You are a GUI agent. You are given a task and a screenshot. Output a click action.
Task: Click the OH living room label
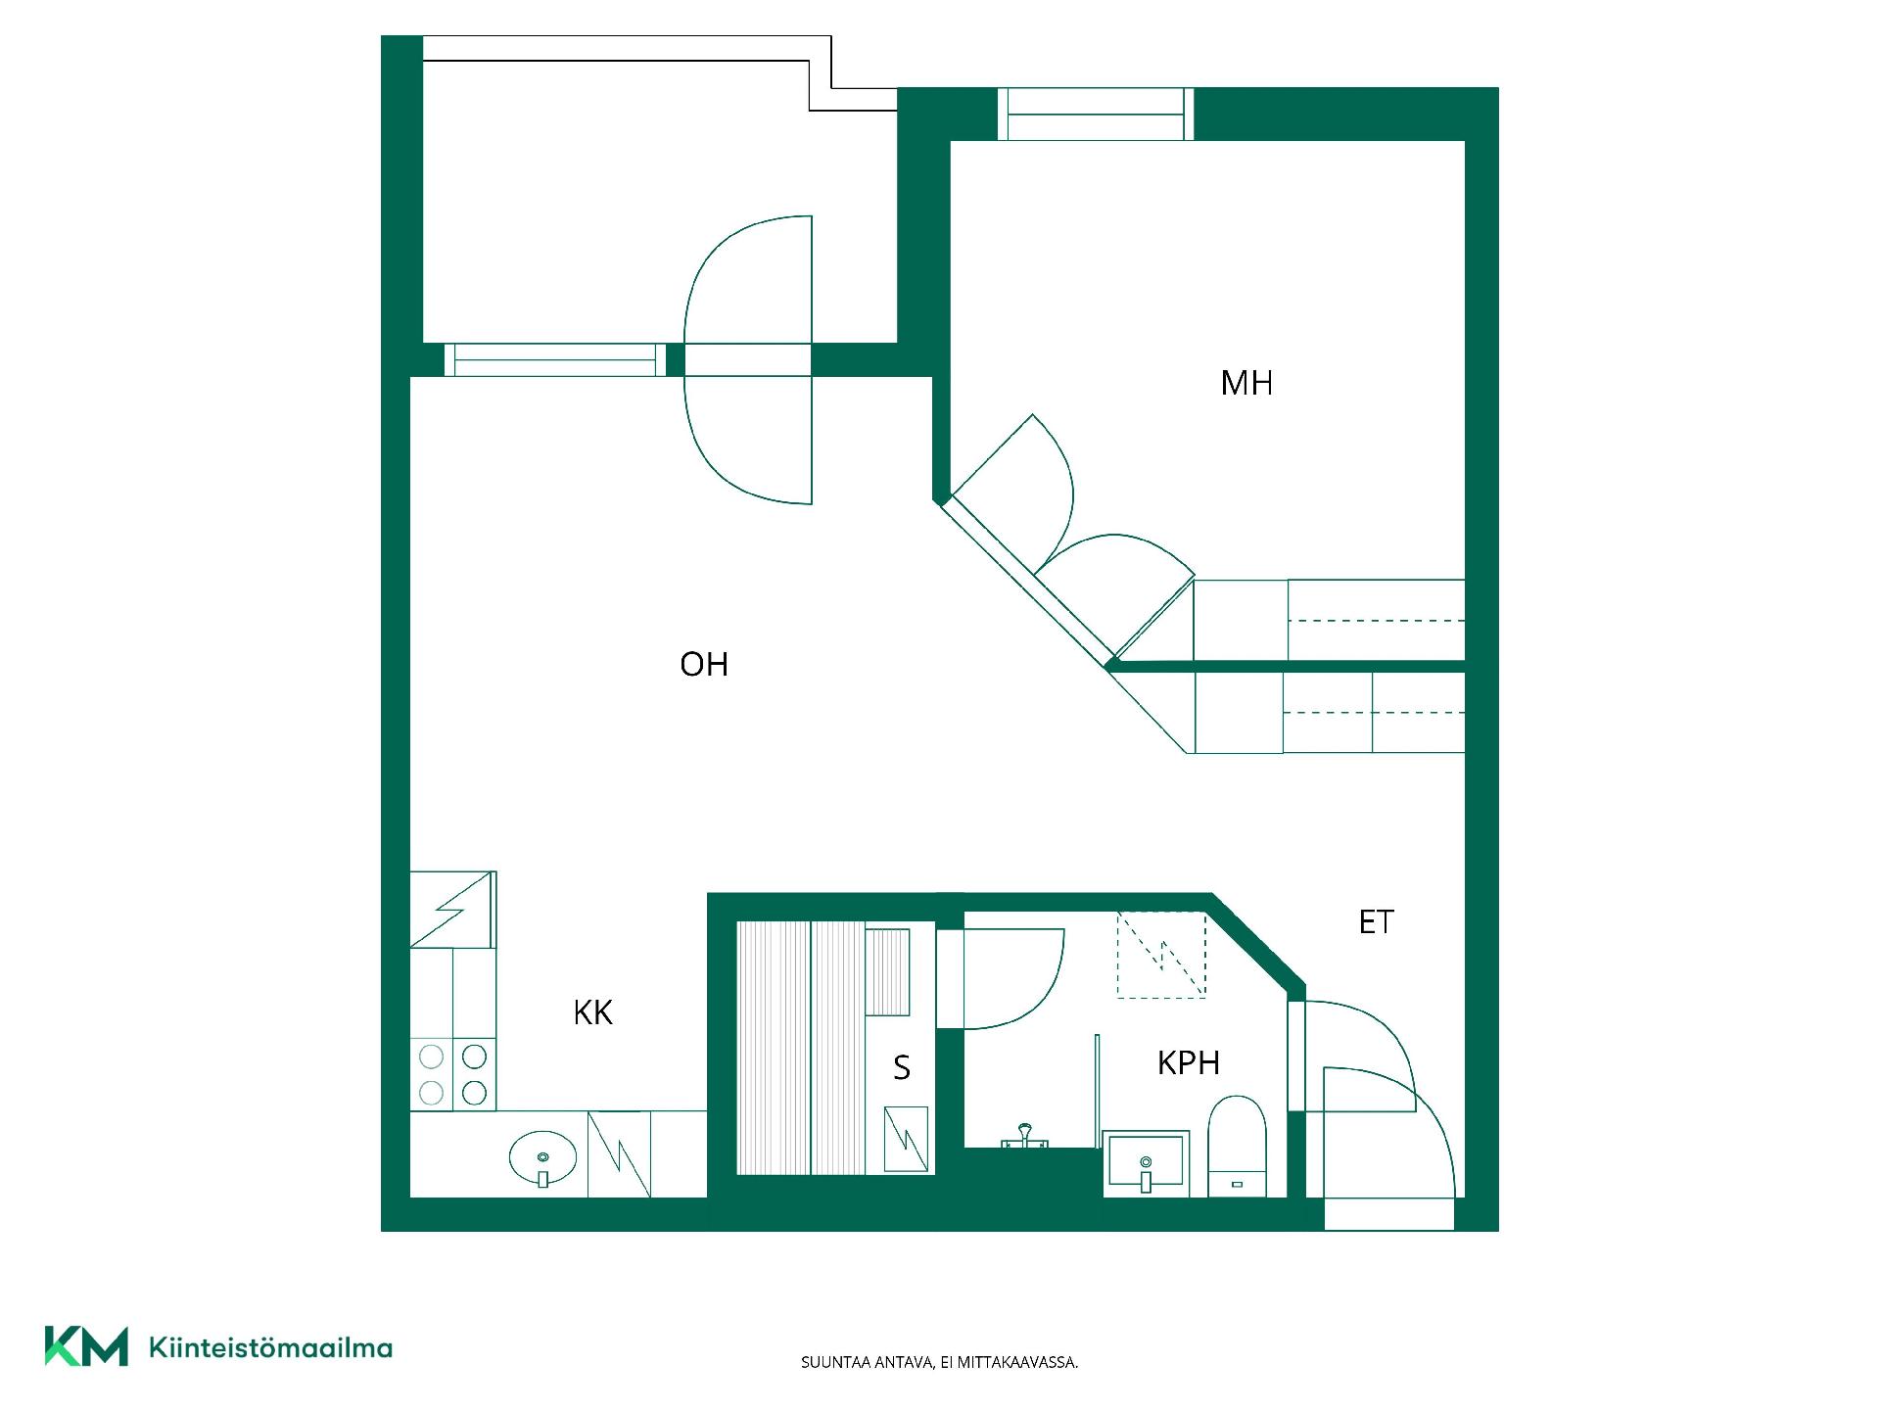click(x=704, y=665)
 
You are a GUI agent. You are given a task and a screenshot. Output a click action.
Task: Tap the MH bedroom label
click(x=1246, y=383)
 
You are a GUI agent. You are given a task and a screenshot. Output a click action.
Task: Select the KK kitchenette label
click(x=593, y=1012)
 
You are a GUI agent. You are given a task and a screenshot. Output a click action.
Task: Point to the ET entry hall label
click(x=1376, y=921)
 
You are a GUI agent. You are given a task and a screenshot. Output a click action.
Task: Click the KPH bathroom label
click(x=1189, y=1063)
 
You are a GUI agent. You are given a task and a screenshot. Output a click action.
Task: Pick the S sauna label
click(x=902, y=1067)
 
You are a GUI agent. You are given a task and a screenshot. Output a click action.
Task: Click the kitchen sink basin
click(x=542, y=1158)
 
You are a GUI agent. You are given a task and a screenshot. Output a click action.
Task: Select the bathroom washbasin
click(x=1146, y=1164)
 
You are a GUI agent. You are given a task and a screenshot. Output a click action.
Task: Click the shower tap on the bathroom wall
click(x=1024, y=1137)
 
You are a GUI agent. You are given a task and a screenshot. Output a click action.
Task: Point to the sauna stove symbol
click(x=906, y=1139)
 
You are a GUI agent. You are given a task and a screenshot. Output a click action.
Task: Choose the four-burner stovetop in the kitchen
click(x=453, y=1074)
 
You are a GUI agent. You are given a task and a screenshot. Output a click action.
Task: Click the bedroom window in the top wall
click(x=1097, y=114)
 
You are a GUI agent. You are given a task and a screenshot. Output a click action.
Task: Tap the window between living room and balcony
click(x=554, y=360)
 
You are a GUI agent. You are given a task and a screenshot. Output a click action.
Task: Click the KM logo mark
click(x=86, y=1346)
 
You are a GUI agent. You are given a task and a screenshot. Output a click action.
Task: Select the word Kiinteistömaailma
click(x=270, y=1348)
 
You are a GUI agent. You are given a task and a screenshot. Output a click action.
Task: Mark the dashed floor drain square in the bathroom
click(x=1162, y=955)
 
